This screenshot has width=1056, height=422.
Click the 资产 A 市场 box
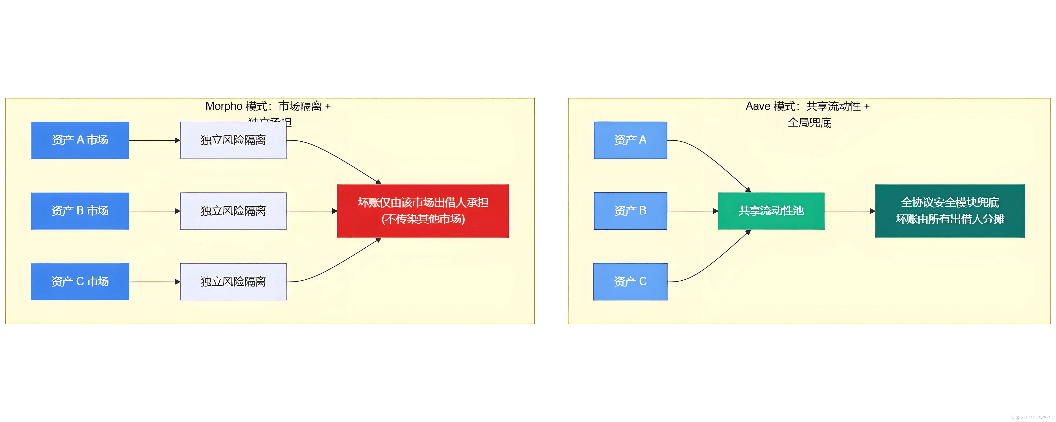coord(80,140)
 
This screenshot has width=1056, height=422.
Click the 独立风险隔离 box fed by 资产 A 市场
coord(233,140)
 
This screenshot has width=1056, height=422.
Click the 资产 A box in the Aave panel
coord(630,140)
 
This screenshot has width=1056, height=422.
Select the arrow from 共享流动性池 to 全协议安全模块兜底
coord(849,211)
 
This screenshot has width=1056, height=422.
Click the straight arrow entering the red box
coord(312,211)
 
